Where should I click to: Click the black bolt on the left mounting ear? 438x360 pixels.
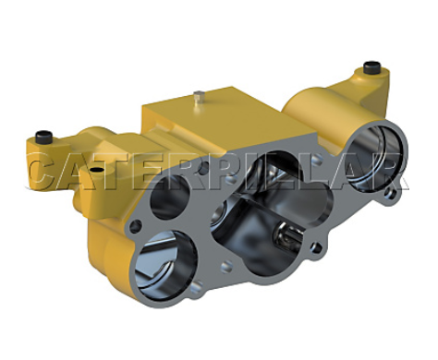pos(43,137)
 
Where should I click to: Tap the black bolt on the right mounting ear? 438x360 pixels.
pos(371,66)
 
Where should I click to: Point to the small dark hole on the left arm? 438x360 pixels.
pos(98,170)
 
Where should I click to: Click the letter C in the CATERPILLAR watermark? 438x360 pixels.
pos(46,171)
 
